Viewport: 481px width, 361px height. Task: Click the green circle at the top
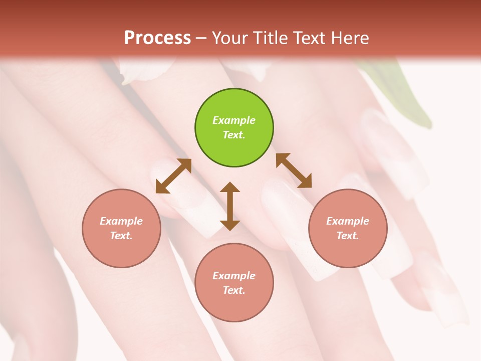(x=234, y=128)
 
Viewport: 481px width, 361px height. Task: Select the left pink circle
(x=121, y=228)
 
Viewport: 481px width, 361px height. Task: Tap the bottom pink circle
(x=234, y=283)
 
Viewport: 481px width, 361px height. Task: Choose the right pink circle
(x=348, y=228)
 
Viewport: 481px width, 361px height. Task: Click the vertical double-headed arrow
(x=230, y=206)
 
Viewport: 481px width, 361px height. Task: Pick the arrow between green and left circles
(x=173, y=175)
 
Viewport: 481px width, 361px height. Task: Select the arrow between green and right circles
(x=294, y=170)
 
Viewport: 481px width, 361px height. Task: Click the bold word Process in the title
(x=157, y=38)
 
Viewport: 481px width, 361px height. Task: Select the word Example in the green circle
(x=234, y=120)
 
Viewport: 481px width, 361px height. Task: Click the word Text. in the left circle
(x=121, y=236)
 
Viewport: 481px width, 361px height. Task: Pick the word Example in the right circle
(x=348, y=221)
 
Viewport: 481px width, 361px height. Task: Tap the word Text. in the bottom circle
(x=234, y=290)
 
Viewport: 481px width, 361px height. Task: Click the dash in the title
(x=201, y=38)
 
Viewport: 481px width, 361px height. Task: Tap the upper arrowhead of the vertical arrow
(x=230, y=188)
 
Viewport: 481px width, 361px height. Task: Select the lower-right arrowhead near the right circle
(x=305, y=182)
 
